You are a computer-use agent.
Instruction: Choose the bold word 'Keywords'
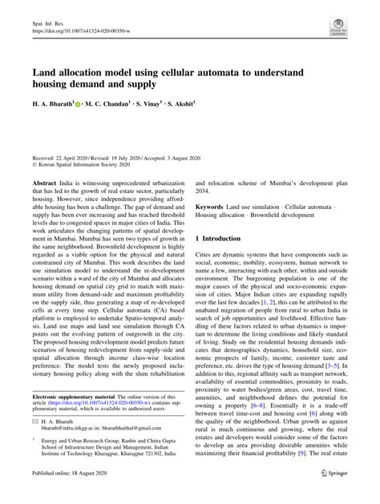(212, 207)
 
